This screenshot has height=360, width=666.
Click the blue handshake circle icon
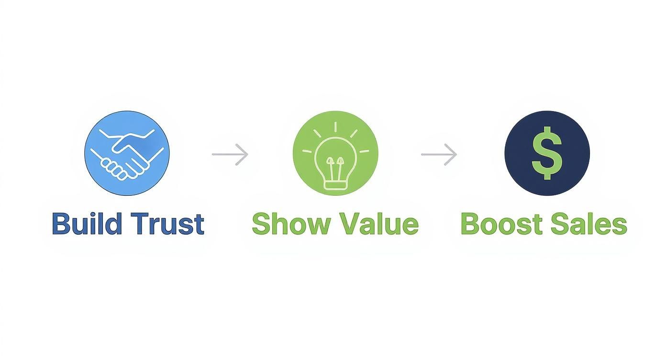127,153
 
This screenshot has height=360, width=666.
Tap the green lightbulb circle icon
335,153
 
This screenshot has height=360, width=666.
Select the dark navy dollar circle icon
547,153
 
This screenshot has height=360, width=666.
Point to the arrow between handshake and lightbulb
230,154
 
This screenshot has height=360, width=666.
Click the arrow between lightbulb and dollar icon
439,154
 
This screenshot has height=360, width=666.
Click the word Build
87,224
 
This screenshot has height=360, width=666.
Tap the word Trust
167,224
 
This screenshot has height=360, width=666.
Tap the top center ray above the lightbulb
335,126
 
